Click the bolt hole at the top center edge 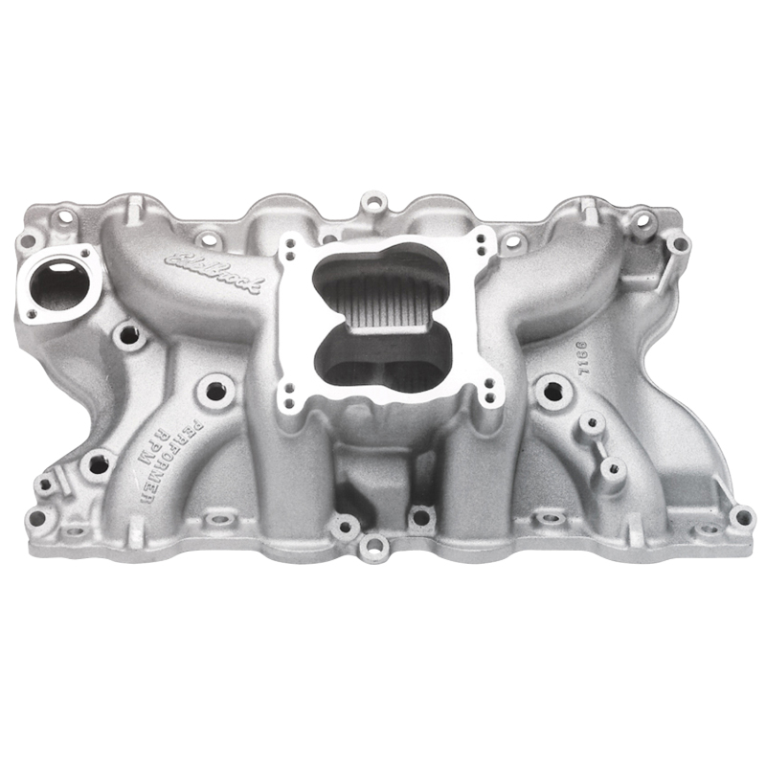[x=373, y=202]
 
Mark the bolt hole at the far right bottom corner [x=740, y=517]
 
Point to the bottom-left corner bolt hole [x=38, y=518]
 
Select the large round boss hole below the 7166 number [x=550, y=389]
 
